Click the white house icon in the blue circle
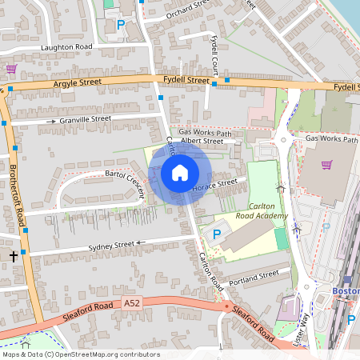point(180,172)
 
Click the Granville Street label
point(85,119)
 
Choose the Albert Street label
point(202,141)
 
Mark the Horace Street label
point(215,186)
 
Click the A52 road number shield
point(132,303)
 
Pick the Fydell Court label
point(215,51)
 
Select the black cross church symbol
point(13,256)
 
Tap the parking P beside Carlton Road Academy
point(216,234)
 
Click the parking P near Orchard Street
point(122,25)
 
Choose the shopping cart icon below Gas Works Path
point(326,165)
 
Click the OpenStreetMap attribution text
point(81,354)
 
